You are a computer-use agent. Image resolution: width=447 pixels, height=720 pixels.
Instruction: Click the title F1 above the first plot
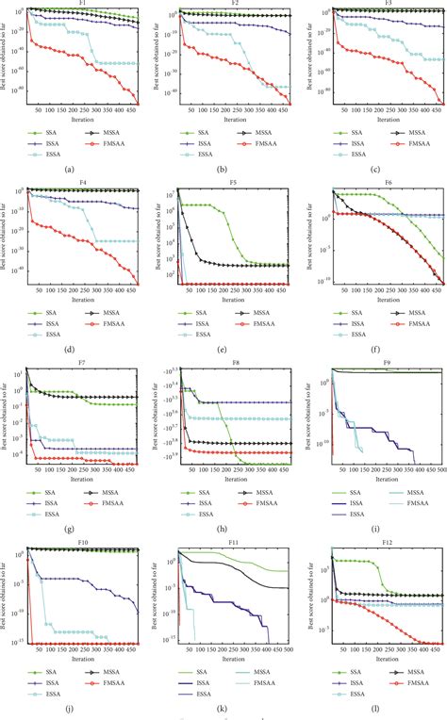pos(84,4)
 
